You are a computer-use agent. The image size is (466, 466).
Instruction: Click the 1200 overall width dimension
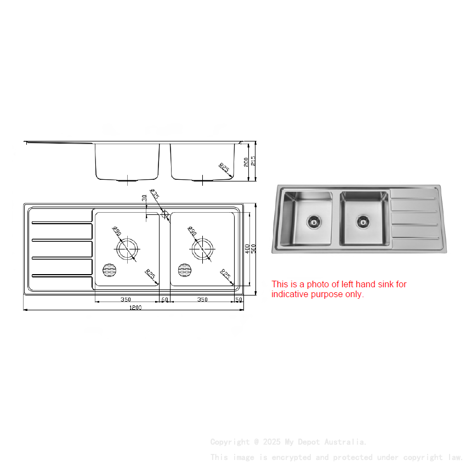pyautogui.click(x=135, y=308)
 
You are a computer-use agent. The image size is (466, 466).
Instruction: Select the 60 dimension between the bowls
pyautogui.click(x=164, y=299)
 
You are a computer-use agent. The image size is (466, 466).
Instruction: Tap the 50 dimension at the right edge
pyautogui.click(x=238, y=299)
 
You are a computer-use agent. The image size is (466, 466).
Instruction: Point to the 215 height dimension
pyautogui.click(x=253, y=161)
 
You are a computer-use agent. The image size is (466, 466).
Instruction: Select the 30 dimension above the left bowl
pyautogui.click(x=144, y=198)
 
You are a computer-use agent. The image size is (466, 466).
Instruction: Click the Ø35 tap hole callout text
pyautogui.click(x=155, y=195)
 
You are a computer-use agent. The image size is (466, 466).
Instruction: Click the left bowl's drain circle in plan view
pyautogui.click(x=127, y=248)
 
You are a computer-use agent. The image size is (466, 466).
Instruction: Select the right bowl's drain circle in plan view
pyautogui.click(x=202, y=248)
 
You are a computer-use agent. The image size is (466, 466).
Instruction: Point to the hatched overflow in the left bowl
pyautogui.click(x=110, y=270)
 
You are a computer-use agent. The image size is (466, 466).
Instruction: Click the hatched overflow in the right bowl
pyautogui.click(x=185, y=270)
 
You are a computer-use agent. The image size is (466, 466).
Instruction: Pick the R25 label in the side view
pyautogui.click(x=224, y=167)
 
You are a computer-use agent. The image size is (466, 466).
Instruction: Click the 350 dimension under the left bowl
pyautogui.click(x=126, y=299)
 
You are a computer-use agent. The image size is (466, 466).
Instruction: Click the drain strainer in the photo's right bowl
pyautogui.click(x=362, y=221)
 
